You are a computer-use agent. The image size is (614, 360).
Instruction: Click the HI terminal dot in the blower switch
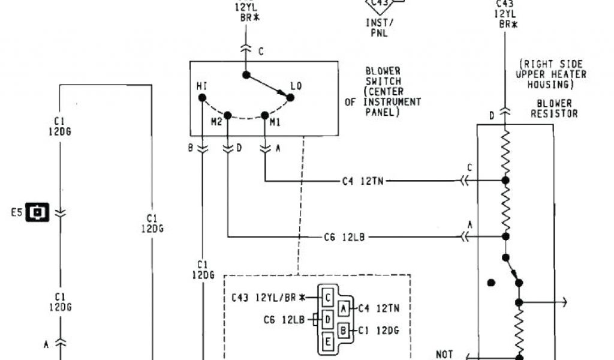pyautogui.click(x=202, y=97)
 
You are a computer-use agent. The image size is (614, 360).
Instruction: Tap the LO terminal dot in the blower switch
pyautogui.click(x=290, y=97)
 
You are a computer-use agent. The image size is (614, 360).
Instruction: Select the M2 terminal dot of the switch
pyautogui.click(x=228, y=115)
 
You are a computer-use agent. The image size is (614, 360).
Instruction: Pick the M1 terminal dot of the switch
pyautogui.click(x=264, y=115)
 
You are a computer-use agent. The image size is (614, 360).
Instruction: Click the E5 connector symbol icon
pyautogui.click(x=37, y=212)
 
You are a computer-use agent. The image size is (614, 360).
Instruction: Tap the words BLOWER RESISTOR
pyautogui.click(x=554, y=108)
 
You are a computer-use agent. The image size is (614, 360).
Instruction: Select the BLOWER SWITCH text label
pyautogui.click(x=383, y=76)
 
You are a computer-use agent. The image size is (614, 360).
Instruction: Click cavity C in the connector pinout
pyautogui.click(x=328, y=296)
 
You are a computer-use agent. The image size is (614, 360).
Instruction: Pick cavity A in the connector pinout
pyautogui.click(x=344, y=308)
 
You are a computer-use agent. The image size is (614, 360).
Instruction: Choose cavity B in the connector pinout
pyautogui.click(x=344, y=329)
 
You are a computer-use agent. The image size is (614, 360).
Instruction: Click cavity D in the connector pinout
pyautogui.click(x=328, y=320)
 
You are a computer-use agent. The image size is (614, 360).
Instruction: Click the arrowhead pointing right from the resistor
pyautogui.click(x=564, y=302)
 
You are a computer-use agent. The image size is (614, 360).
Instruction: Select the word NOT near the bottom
pyautogui.click(x=446, y=354)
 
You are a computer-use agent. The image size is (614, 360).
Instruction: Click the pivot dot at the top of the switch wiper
pyautogui.click(x=246, y=75)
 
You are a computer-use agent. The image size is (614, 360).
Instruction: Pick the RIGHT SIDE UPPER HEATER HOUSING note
pyautogui.click(x=551, y=74)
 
